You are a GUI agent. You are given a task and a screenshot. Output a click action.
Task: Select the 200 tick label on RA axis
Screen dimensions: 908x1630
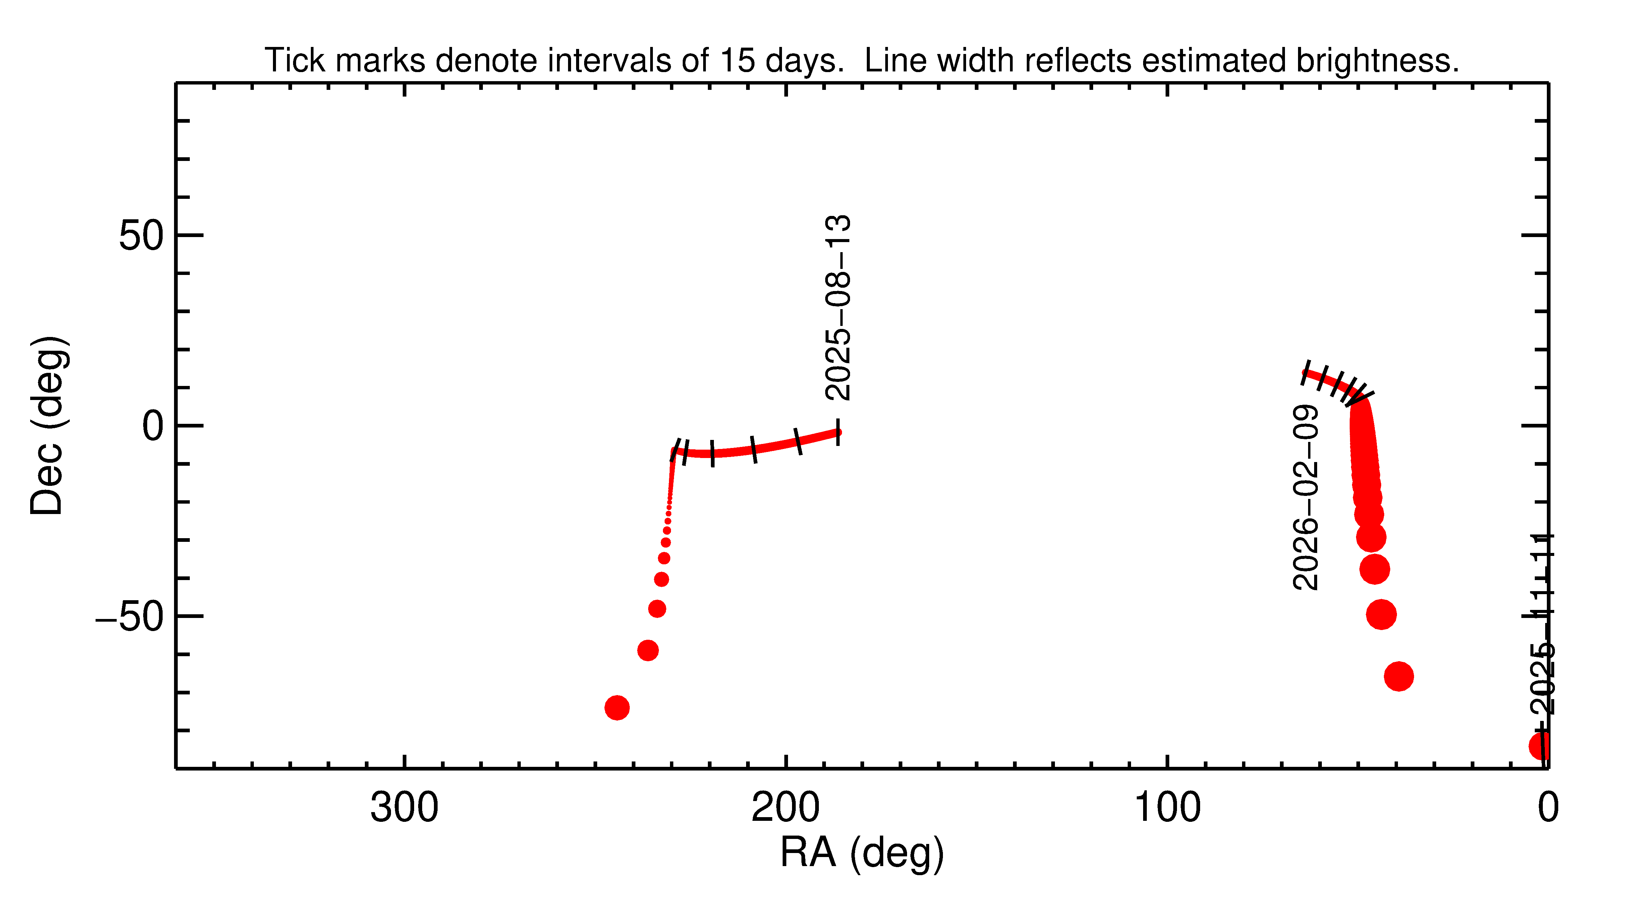[785, 808]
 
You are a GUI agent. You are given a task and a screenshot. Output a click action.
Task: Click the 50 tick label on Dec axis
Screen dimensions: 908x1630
[140, 236]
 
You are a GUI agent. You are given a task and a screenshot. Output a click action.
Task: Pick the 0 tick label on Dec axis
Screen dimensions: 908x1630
[153, 426]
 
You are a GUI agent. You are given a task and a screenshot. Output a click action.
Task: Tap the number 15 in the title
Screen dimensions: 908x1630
[737, 61]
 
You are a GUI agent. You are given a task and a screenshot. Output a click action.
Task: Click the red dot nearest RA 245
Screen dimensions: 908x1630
[617, 707]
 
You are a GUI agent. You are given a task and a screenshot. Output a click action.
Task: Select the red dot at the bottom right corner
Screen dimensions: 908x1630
[1541, 746]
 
